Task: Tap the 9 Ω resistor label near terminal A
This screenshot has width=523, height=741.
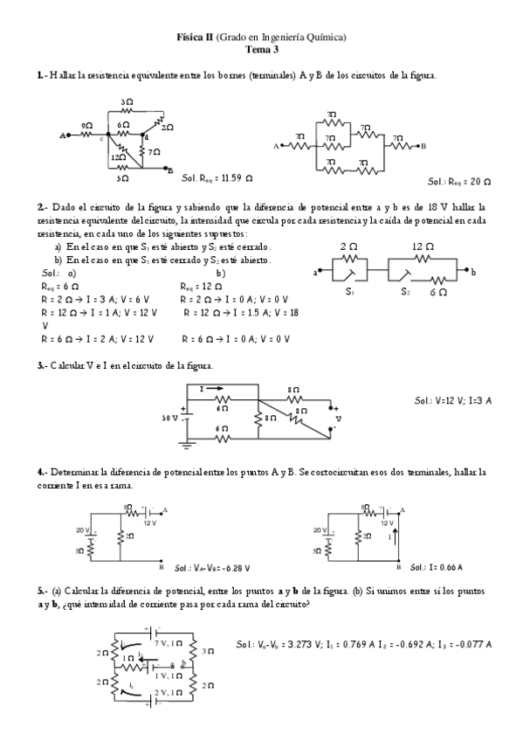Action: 86,127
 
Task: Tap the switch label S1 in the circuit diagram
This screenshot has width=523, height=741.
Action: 348,293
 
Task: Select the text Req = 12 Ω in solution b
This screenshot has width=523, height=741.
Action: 197,286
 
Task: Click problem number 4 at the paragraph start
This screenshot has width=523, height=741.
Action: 41,472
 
